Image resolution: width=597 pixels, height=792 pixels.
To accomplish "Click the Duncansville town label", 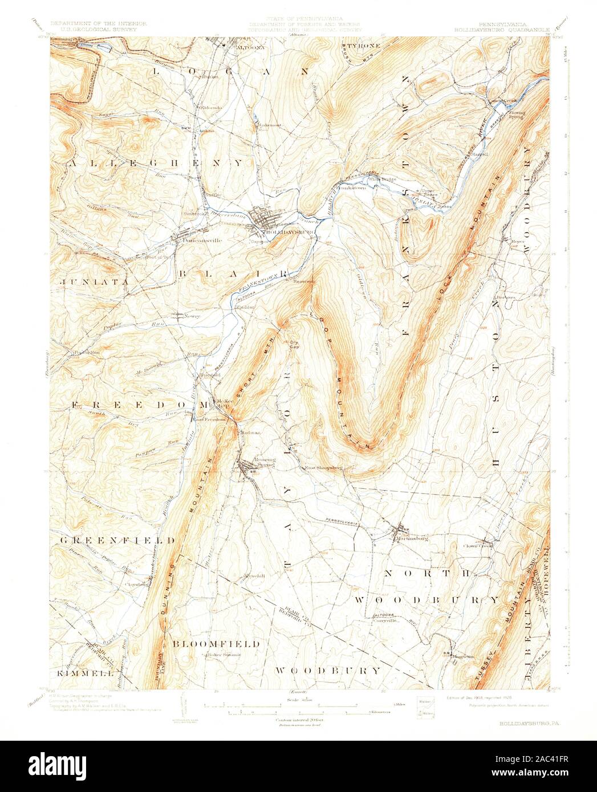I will (200, 240).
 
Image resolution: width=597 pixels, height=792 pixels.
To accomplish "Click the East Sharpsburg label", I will (322, 468).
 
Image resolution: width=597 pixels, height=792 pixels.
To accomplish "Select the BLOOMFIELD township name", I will (216, 644).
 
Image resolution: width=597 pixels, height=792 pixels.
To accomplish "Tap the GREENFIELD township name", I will (118, 540).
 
